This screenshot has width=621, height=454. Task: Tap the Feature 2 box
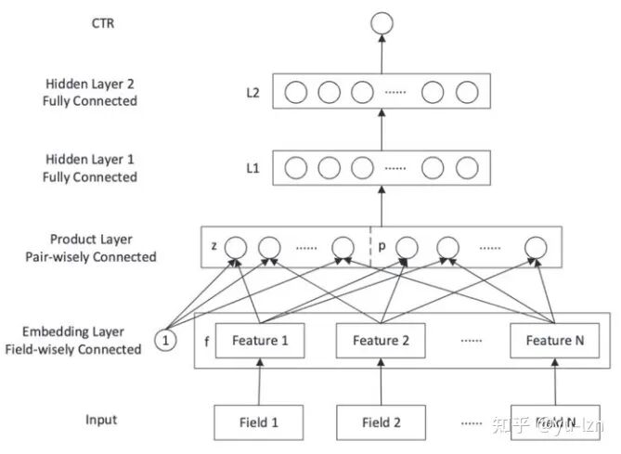pos(382,341)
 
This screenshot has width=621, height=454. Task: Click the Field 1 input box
pos(260,422)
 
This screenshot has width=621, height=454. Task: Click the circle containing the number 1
pos(165,341)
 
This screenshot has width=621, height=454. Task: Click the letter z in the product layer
pos(214,247)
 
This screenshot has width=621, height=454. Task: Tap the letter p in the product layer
pos(382,247)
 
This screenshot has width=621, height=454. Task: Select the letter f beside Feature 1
pos(205,341)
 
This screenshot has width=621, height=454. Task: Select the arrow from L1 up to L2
pos(382,131)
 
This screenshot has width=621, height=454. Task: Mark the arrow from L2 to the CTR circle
pos(382,54)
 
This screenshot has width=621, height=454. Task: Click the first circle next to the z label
pos(236,248)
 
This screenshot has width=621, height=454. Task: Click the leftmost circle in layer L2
pos(296,93)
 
